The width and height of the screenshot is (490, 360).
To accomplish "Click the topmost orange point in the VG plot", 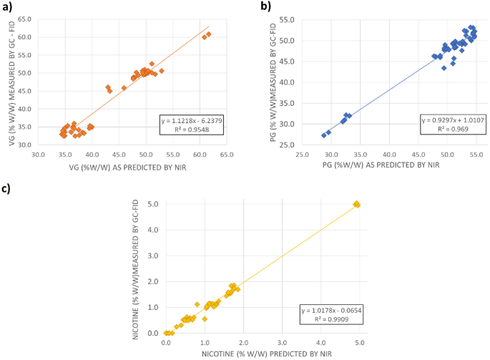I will coord(208,34).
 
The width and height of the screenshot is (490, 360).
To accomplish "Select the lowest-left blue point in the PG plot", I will coord(324,135).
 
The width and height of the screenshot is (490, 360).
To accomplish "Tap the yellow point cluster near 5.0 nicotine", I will coord(356,204).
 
